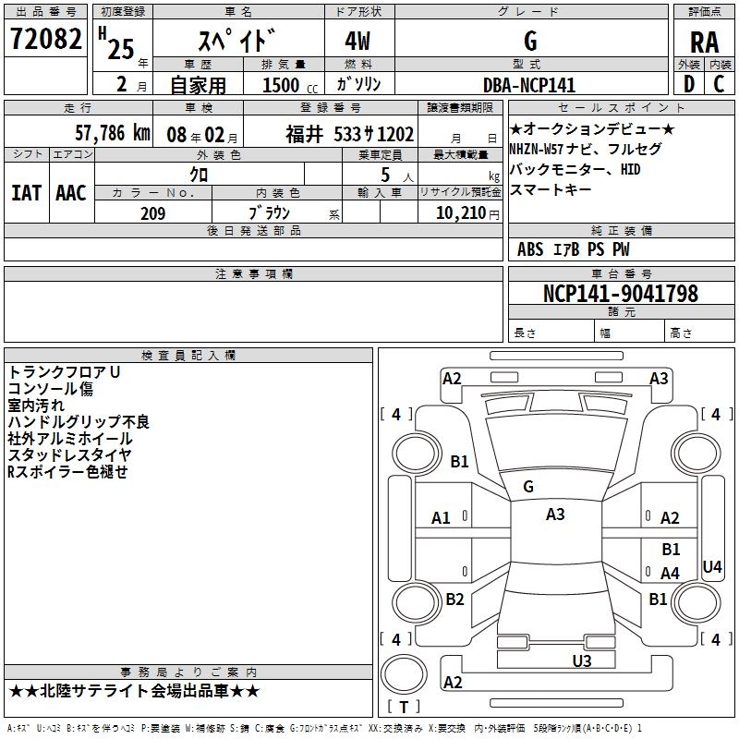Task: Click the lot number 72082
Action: (43, 40)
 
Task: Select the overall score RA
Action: (704, 42)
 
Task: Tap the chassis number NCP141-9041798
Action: (620, 294)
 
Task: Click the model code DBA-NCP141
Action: (529, 85)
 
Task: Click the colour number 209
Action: (152, 213)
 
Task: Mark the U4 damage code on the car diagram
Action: (711, 566)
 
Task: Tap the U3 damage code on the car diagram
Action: (581, 660)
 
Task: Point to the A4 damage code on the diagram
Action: (670, 574)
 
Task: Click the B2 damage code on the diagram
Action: (454, 599)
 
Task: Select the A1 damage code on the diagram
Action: (441, 518)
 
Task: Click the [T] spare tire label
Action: (404, 707)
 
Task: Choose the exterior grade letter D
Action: (688, 85)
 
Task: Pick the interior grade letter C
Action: (719, 85)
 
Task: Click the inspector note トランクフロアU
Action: (64, 371)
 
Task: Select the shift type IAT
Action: (26, 193)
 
